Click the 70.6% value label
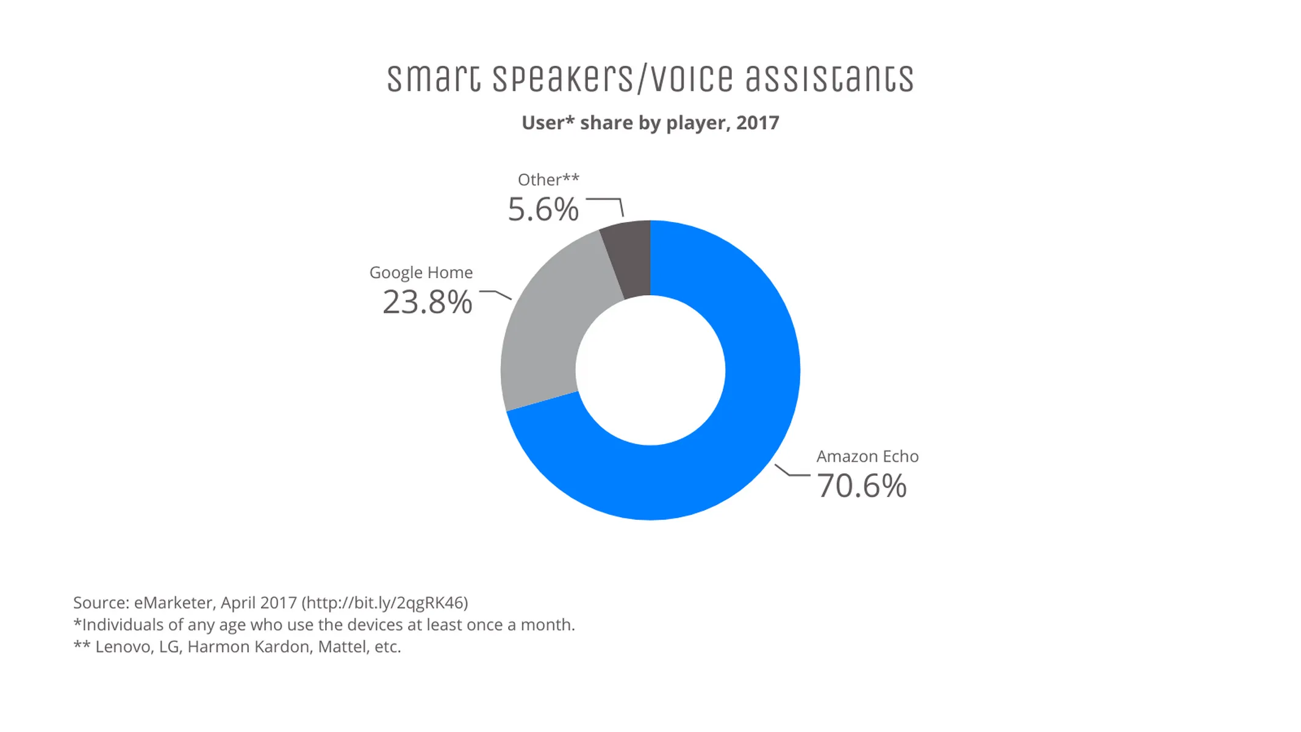click(x=861, y=486)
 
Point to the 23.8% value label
click(x=427, y=302)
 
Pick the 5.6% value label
click(x=543, y=209)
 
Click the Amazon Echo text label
click(x=867, y=456)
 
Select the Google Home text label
click(x=421, y=272)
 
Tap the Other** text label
click(x=548, y=179)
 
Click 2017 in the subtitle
click(x=757, y=123)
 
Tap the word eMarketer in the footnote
click(x=174, y=603)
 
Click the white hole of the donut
click(x=650, y=370)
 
